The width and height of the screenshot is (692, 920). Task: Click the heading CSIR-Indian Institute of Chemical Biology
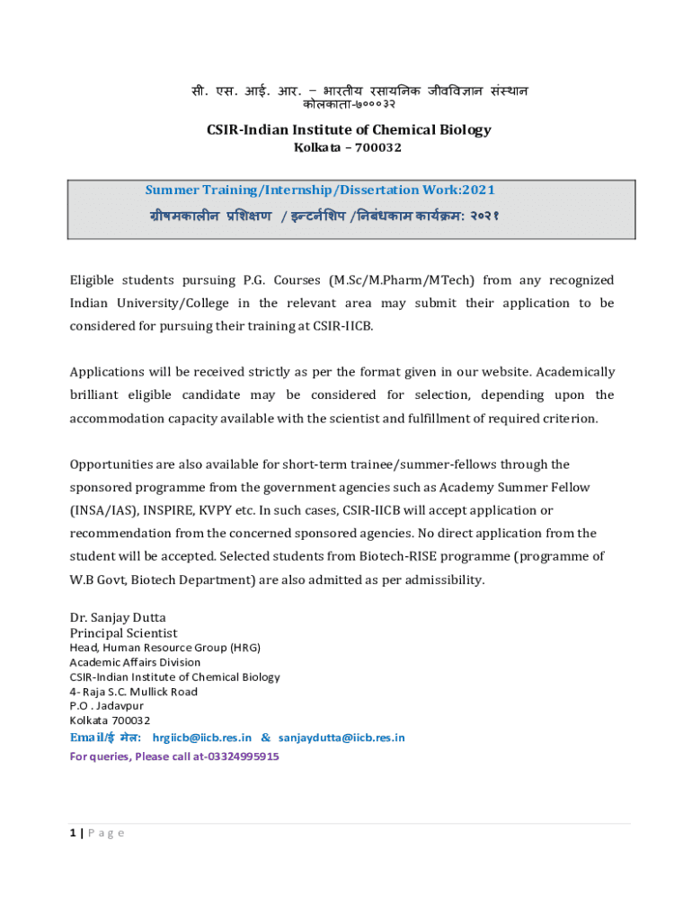click(349, 130)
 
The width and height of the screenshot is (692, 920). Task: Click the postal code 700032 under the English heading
click(377, 148)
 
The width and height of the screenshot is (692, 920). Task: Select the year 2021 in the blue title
click(478, 190)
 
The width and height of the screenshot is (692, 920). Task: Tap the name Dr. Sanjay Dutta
click(118, 617)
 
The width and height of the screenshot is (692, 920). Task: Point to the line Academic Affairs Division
click(135, 662)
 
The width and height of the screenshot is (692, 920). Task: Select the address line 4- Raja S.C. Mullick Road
click(133, 692)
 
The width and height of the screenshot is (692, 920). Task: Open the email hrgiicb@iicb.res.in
click(202, 738)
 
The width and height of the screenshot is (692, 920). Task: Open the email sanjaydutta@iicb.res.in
click(342, 738)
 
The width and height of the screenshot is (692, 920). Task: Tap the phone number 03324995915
click(243, 756)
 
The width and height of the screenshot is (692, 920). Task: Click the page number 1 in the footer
click(73, 833)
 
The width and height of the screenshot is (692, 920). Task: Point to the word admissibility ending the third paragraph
click(447, 580)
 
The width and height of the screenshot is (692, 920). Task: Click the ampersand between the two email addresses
click(265, 738)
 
